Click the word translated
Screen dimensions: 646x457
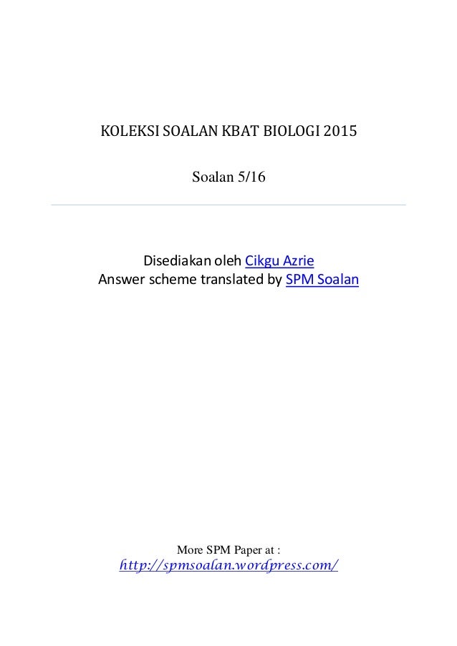(231, 278)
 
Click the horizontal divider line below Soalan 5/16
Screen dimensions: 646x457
(228, 205)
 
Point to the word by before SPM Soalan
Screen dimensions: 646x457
(274, 278)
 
